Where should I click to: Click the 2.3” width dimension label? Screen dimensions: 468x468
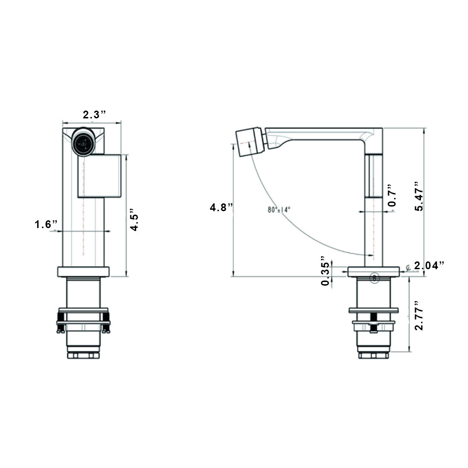[95, 114]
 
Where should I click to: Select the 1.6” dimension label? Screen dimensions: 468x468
[47, 224]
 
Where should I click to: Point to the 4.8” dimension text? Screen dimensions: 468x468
[222, 207]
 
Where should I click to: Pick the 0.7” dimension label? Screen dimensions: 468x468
[391, 196]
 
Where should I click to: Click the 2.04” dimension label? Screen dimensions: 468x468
[429, 265]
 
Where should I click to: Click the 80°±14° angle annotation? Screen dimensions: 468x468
[279, 210]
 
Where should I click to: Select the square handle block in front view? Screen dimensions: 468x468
[99, 176]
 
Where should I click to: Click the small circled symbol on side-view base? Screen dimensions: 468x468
[375, 277]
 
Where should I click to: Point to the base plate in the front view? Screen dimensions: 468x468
[84, 271]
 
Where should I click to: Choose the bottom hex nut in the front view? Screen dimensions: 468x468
[83, 355]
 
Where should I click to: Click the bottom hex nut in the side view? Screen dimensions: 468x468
[373, 355]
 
